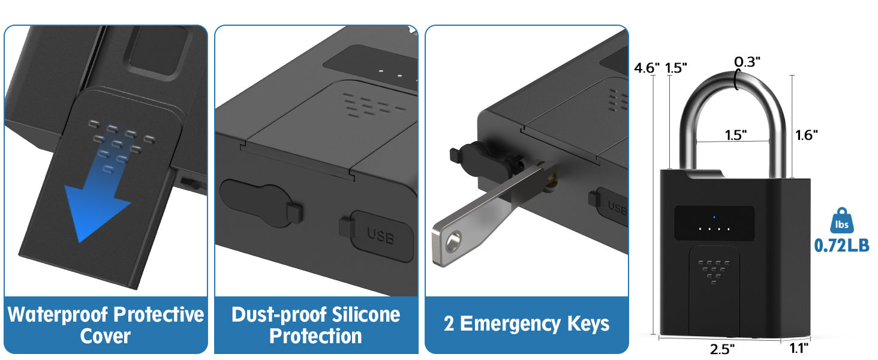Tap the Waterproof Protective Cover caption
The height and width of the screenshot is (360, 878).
pyautogui.click(x=106, y=325)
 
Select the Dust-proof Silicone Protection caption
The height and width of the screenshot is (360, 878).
pyautogui.click(x=316, y=325)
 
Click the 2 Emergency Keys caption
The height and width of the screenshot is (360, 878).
pyautogui.click(x=527, y=325)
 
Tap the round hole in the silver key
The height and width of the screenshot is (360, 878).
pyautogui.click(x=453, y=242)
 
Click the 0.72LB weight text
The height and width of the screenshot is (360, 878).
pyautogui.click(x=841, y=245)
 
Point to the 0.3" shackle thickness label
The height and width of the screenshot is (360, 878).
pyautogui.click(x=747, y=61)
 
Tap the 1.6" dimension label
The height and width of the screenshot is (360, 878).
pyautogui.click(x=807, y=135)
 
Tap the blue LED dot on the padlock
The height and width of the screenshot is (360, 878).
pyautogui.click(x=714, y=217)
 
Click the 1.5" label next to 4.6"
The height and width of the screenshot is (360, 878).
pyautogui.click(x=676, y=68)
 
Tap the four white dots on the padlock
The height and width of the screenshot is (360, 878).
pyautogui.click(x=714, y=229)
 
